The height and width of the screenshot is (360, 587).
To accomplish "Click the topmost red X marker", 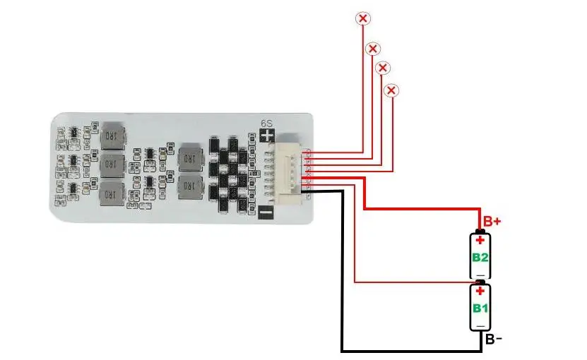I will [363, 18].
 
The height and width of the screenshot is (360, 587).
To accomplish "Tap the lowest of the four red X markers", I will [391, 90].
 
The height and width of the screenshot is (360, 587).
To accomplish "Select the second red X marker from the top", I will [373, 49].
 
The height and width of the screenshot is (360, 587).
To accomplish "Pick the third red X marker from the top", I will [383, 68].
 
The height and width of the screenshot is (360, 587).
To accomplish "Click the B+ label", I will [492, 220].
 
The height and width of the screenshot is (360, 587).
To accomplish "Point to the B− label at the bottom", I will [493, 340].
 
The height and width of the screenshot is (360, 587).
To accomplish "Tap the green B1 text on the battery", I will [480, 308].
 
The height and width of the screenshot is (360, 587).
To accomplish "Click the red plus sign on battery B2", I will [480, 240].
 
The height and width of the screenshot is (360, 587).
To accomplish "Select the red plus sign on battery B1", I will [480, 292].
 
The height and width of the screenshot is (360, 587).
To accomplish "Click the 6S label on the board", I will [267, 123].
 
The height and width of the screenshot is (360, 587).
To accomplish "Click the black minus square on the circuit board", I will [266, 211].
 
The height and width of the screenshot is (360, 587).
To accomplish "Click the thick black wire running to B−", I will [343, 282].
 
